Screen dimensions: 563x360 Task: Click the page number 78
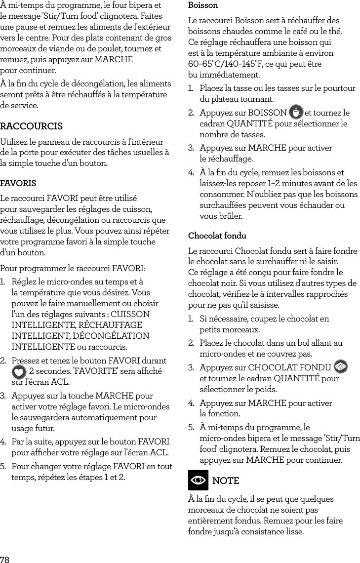(5, 559)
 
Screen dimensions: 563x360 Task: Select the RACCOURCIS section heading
(32, 126)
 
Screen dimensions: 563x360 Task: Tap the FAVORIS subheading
(18, 183)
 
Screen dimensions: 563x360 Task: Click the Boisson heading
(203, 5)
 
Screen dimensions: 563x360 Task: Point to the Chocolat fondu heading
(217, 236)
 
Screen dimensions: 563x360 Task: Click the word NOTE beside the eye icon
(225, 481)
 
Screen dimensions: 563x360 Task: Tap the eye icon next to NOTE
(198, 481)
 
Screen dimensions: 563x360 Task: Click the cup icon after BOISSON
(296, 112)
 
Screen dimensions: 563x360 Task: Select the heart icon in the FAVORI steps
(19, 371)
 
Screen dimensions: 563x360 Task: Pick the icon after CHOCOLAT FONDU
(341, 367)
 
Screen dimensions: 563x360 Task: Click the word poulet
(110, 49)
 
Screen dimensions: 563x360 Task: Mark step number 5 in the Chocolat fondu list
(191, 427)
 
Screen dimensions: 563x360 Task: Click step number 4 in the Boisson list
(191, 173)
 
